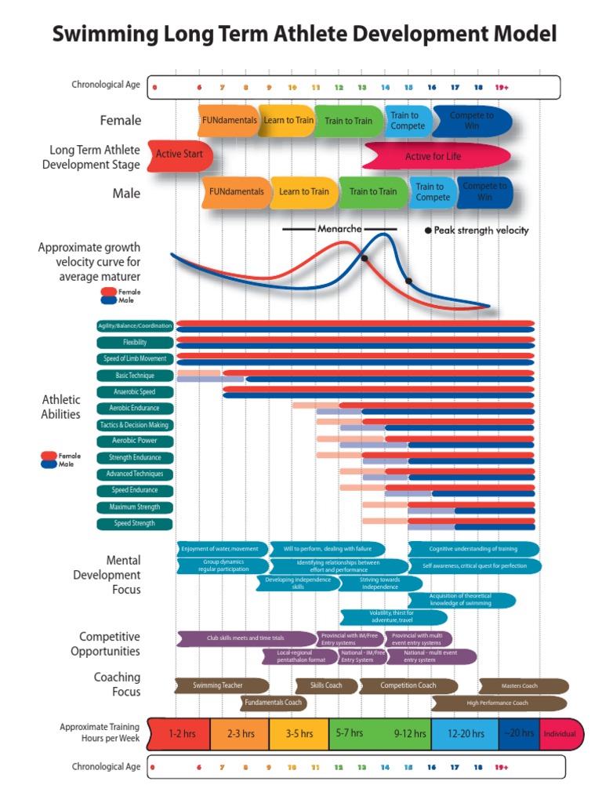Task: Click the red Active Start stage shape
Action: [x=179, y=154]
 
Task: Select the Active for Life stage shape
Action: [x=433, y=156]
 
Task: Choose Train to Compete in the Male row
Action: [x=433, y=192]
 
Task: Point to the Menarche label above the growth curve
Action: [x=339, y=229]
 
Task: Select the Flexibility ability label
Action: [x=135, y=343]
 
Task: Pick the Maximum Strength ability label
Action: [x=135, y=507]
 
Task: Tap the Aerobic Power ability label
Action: [x=135, y=441]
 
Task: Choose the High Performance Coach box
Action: [x=498, y=703]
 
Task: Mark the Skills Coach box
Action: [x=326, y=685]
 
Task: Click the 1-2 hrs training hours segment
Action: [x=182, y=734]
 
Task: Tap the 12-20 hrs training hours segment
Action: [x=464, y=734]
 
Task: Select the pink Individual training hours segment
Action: [x=560, y=734]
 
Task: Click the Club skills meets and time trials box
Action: [x=245, y=638]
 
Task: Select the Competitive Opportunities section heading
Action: [x=109, y=644]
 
